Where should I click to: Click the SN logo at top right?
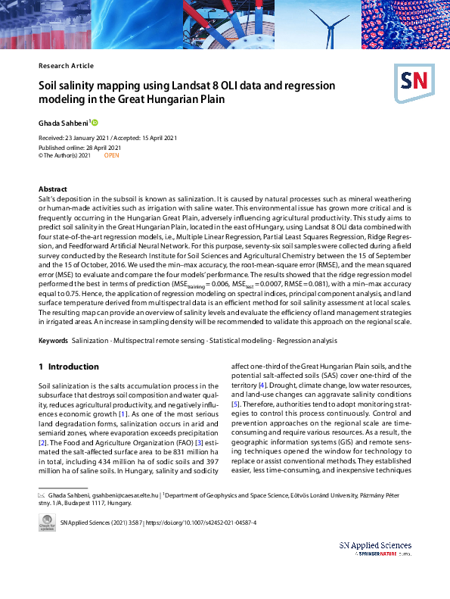coord(412,79)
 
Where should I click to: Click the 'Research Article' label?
coord(66,66)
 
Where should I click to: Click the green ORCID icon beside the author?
coord(95,121)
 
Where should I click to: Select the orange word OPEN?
coord(111,155)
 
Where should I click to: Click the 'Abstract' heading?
coord(53,189)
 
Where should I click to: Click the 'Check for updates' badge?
coord(47,524)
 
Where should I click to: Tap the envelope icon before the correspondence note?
coord(42,494)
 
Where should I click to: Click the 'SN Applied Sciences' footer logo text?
coord(375,544)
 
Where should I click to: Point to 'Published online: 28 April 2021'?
coord(79,147)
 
